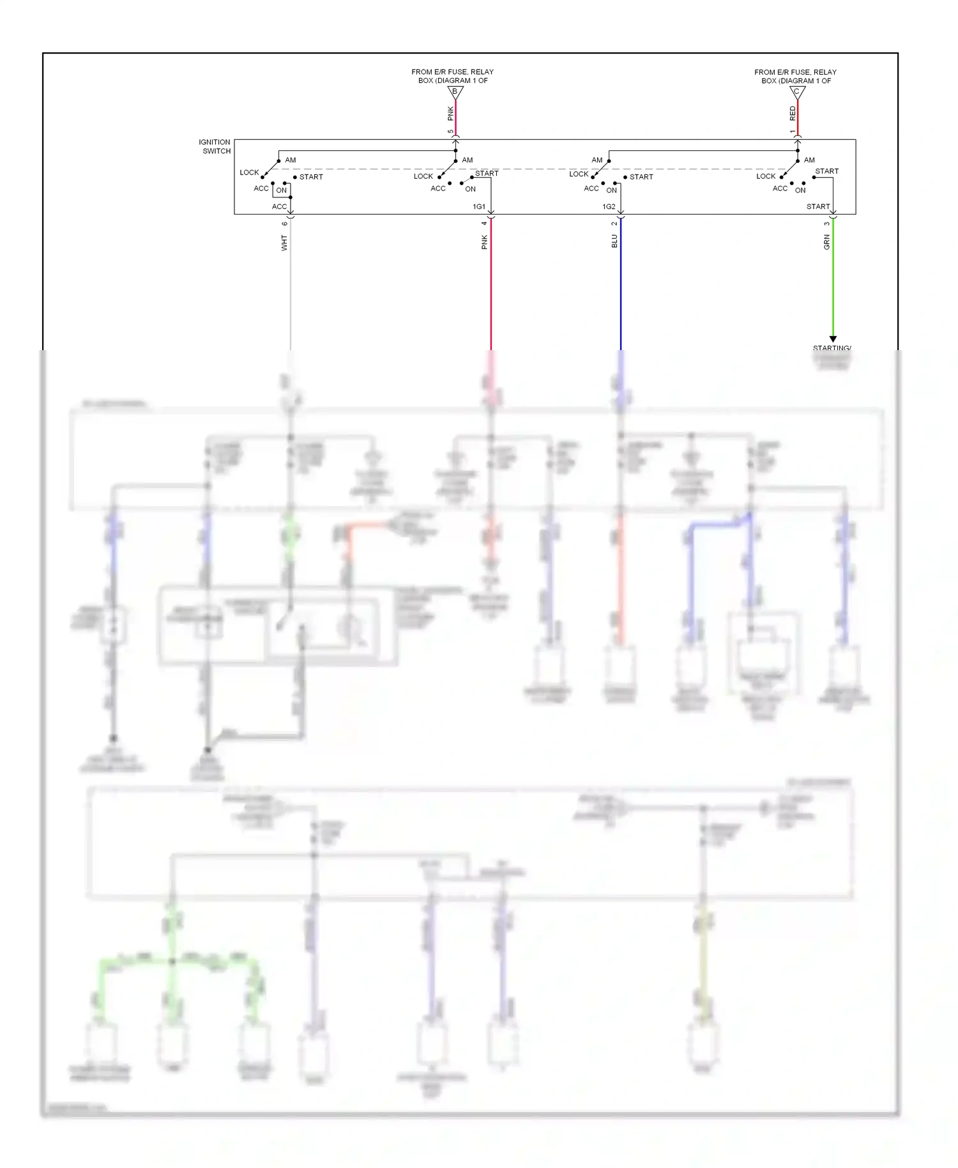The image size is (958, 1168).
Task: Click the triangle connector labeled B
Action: pyautogui.click(x=455, y=92)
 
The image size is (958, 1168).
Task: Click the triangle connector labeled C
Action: pyautogui.click(x=797, y=92)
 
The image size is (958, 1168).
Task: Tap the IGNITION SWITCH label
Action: pyautogui.click(x=215, y=146)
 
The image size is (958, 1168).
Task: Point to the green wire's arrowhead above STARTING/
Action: pyautogui.click(x=833, y=339)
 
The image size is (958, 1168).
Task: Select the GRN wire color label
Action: pyautogui.click(x=826, y=242)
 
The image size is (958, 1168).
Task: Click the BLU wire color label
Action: pyautogui.click(x=614, y=241)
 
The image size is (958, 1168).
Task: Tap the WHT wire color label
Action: pyautogui.click(x=284, y=242)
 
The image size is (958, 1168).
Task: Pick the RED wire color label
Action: pyautogui.click(x=793, y=114)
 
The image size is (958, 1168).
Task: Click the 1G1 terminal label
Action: pyautogui.click(x=479, y=206)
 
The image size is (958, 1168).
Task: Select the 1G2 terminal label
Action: pyautogui.click(x=609, y=206)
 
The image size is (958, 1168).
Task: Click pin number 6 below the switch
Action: pyautogui.click(x=285, y=223)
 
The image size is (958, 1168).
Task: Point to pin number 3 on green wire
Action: pyautogui.click(x=826, y=223)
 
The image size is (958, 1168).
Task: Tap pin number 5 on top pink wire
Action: pyautogui.click(x=450, y=132)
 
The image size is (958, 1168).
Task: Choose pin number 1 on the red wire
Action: pyautogui.click(x=793, y=132)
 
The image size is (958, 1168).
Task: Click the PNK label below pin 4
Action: pyautogui.click(x=484, y=242)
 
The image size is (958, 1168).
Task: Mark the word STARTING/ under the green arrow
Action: pyautogui.click(x=832, y=348)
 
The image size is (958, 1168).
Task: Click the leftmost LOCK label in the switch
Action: pyautogui.click(x=249, y=173)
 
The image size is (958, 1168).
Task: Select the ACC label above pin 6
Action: pyautogui.click(x=279, y=206)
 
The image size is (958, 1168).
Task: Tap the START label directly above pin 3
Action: pyautogui.click(x=817, y=206)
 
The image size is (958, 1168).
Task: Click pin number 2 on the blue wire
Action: pyautogui.click(x=614, y=223)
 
